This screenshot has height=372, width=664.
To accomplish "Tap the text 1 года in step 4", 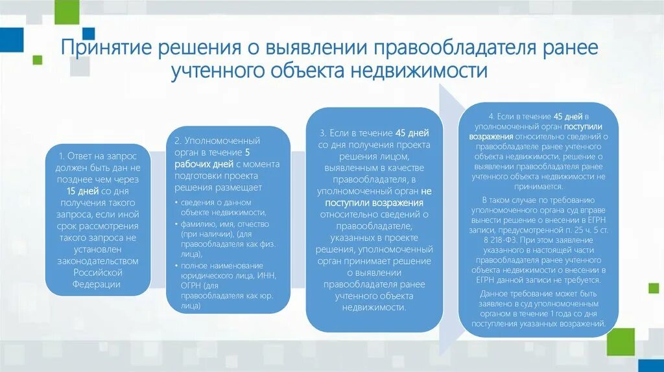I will coord(543,313).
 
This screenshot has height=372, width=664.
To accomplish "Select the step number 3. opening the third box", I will coord(324,133).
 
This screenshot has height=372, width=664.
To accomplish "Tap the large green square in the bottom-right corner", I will coord(622,341).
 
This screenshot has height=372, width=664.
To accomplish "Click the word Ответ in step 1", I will coord(81,156).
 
